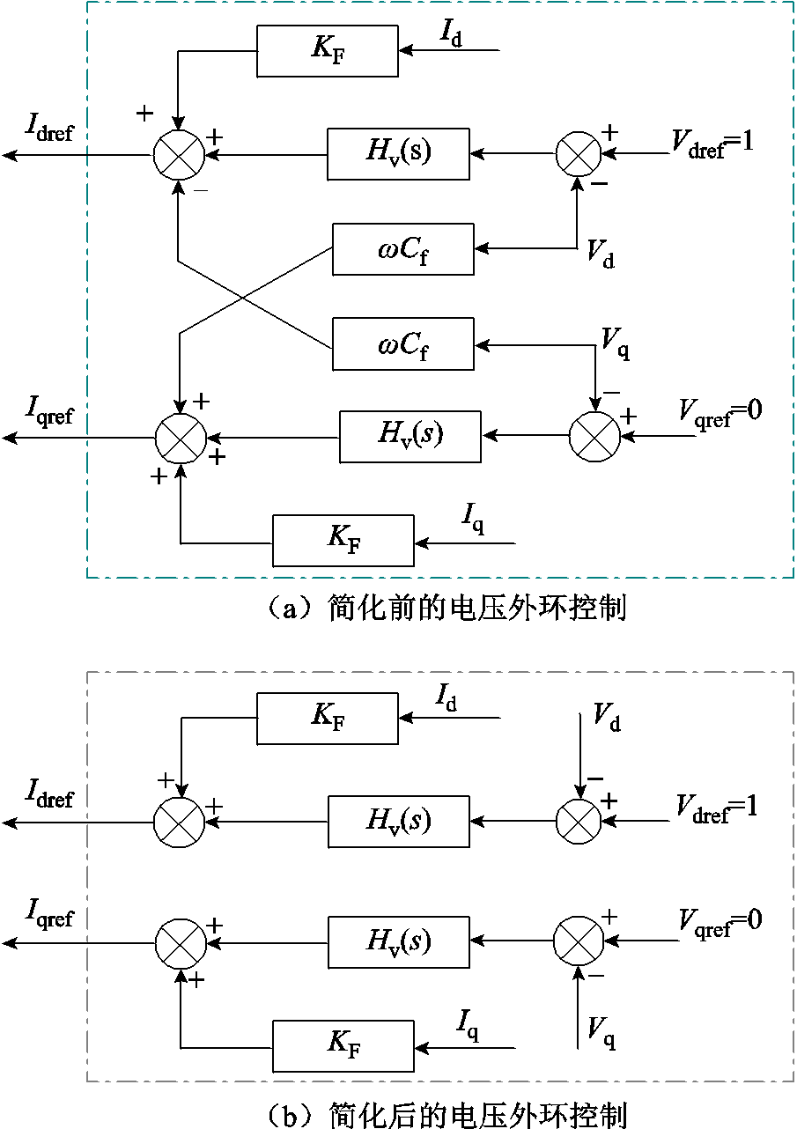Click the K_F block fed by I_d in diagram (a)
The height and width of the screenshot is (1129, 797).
tap(327, 51)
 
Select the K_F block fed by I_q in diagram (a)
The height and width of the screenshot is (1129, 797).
tap(343, 540)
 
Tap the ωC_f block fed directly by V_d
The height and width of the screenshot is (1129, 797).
tap(402, 249)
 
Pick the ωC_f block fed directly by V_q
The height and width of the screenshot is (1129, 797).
tap(402, 344)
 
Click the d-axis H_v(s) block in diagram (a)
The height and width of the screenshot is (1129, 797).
tap(398, 154)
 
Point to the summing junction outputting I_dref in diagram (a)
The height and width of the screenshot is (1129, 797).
tap(179, 156)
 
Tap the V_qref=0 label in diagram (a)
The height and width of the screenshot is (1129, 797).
tap(720, 410)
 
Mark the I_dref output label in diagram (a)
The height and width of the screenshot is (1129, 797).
tap(50, 131)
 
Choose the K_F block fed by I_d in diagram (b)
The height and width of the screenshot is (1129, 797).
tap(327, 718)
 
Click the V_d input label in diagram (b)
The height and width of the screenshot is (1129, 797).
tap(606, 718)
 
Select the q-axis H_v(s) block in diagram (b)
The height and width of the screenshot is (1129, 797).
tap(398, 942)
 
